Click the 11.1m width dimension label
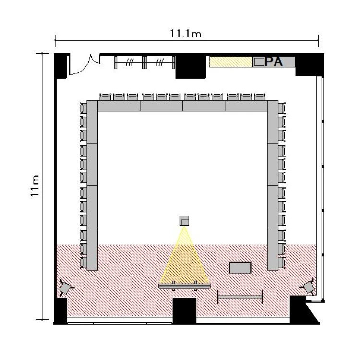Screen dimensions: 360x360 coord(185,34)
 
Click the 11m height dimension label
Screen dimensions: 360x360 coord(35,186)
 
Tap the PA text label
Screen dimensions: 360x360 coord(274,61)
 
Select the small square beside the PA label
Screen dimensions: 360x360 coord(259,62)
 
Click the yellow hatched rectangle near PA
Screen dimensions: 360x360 coord(231,62)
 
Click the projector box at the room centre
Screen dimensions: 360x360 coord(184,221)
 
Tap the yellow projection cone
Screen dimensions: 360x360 coord(184,259)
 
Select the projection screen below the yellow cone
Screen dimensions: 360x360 coord(184,286)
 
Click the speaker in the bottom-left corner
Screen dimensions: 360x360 coord(66,287)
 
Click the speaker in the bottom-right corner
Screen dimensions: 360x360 coord(308,287)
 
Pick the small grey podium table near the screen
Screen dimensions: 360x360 coord(240,267)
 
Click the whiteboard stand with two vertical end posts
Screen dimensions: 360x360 coord(240,297)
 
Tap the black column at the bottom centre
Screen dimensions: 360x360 coord(184,310)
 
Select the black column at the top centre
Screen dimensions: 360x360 coord(191,67)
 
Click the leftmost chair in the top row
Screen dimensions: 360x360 coord(106,97)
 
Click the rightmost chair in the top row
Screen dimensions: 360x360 coord(260,97)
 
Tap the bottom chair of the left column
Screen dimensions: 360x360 coord(84,262)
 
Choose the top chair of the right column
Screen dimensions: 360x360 coord(282,108)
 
